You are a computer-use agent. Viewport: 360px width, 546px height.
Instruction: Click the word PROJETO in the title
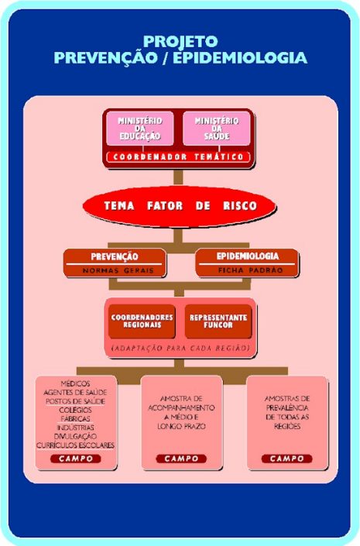pos(180,42)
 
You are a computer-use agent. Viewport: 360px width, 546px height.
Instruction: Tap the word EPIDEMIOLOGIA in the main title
pos(240,57)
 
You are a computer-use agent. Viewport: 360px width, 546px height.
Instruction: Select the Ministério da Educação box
pos(140,129)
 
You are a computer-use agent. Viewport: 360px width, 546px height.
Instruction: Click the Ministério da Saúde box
pos(217,129)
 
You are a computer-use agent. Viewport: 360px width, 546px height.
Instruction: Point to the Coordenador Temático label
pos(178,157)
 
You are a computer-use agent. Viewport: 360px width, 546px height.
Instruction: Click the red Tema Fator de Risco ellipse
pos(180,206)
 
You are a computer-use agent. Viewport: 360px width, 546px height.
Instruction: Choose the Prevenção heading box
pos(115,263)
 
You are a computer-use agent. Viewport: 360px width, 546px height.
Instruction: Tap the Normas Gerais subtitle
pos(118,270)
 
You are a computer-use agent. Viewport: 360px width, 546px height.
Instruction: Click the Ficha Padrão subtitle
pos(250,270)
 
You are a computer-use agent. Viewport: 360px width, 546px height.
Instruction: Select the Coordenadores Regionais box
pos(142,321)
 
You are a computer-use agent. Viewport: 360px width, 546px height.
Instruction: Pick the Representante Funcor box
pos(218,321)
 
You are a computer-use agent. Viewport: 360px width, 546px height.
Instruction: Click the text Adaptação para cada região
pos(180,348)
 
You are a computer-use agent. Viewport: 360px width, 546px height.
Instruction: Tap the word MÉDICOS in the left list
pos(76,383)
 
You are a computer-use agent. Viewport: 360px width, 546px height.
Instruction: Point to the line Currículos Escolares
pos(76,445)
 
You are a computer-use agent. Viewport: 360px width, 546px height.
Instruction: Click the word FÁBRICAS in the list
pos(75,418)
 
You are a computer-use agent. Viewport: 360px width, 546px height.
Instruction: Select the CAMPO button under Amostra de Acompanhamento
pos(181,458)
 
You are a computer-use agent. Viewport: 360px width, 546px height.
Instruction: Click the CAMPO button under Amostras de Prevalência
pos(287,458)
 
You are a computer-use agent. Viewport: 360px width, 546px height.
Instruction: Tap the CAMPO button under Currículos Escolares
pos(76,458)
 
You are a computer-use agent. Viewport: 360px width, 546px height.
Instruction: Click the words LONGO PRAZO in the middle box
pos(181,426)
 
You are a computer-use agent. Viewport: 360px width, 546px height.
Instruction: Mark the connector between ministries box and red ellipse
pos(178,177)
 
